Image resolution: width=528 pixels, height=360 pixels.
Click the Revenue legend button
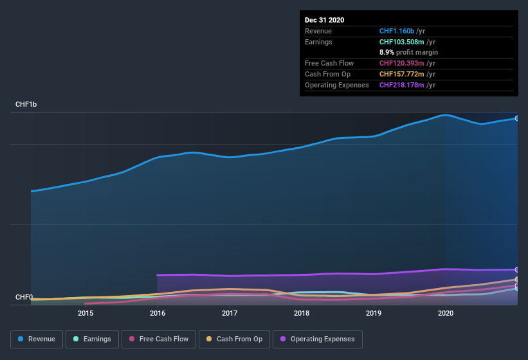click(x=37, y=339)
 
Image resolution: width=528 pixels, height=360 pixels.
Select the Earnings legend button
click(x=92, y=339)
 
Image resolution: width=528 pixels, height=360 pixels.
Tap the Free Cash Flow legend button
click(x=159, y=339)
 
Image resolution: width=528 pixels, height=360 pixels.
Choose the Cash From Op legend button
click(x=234, y=339)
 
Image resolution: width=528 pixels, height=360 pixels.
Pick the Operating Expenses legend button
click(x=317, y=339)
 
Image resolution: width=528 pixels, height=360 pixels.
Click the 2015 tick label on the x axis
click(x=86, y=314)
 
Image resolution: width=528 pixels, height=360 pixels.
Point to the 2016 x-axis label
click(x=158, y=314)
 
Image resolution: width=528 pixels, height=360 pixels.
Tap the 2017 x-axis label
click(x=230, y=314)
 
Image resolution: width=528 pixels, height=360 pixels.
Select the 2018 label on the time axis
click(x=302, y=314)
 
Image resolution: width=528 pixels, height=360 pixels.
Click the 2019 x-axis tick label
click(x=374, y=314)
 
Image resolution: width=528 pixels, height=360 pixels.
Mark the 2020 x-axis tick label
click(x=446, y=314)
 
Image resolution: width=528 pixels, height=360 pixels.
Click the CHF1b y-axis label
click(x=26, y=104)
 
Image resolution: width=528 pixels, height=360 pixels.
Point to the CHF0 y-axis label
click(x=24, y=297)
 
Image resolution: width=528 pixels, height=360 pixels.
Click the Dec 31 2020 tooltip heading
click(x=325, y=20)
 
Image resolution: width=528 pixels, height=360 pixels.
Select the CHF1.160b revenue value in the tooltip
click(x=397, y=31)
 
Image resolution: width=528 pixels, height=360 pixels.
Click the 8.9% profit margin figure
click(x=386, y=52)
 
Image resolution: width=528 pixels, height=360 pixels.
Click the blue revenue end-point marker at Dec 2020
click(x=516, y=118)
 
